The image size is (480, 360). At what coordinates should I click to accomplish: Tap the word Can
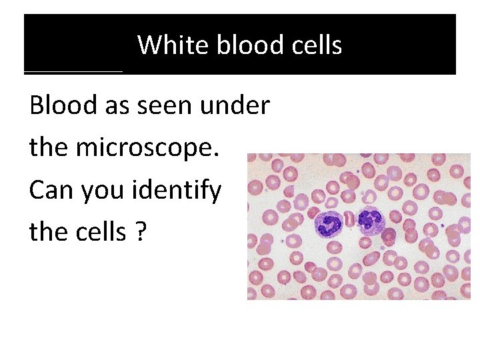(51, 191)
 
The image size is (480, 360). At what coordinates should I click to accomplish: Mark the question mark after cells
(140, 233)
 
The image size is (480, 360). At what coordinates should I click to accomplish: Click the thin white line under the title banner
(73, 71)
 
